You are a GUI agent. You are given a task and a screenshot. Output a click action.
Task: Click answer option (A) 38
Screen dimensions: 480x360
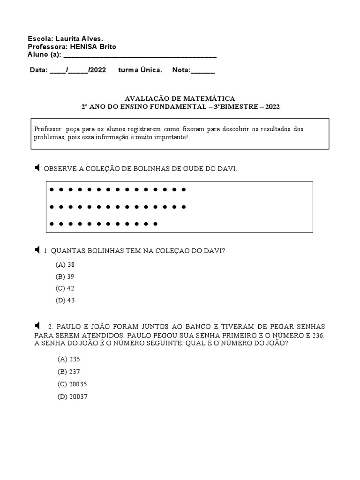click(x=65, y=264)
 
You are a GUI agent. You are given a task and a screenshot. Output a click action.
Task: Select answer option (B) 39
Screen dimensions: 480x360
click(x=65, y=277)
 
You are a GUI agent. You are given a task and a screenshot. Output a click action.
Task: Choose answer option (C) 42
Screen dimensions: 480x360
click(x=65, y=288)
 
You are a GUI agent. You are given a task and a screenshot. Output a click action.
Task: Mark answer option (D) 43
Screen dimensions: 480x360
click(x=65, y=300)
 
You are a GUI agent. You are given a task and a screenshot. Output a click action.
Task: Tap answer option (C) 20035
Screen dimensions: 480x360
click(x=72, y=384)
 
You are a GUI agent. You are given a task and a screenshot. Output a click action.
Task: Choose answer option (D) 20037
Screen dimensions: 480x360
click(x=72, y=397)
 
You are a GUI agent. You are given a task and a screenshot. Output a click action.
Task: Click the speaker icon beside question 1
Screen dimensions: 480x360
click(x=37, y=251)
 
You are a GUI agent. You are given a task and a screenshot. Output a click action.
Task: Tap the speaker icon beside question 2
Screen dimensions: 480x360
click(x=37, y=325)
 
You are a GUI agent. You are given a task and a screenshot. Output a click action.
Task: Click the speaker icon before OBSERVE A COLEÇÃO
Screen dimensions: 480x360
click(x=37, y=168)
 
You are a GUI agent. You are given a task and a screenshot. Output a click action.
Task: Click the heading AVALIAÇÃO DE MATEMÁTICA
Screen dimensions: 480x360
click(x=180, y=98)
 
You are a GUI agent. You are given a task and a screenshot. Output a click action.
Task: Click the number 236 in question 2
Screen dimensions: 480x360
click(x=317, y=336)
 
